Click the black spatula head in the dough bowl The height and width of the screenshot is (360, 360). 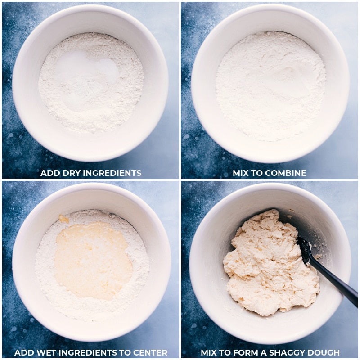coord(305,250)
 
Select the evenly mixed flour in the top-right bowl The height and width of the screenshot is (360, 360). coord(270,85)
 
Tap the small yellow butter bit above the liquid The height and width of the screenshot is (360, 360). coord(64,219)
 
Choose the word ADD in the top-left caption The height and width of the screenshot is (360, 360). coord(49,173)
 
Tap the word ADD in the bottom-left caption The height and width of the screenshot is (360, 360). coord(22,353)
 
